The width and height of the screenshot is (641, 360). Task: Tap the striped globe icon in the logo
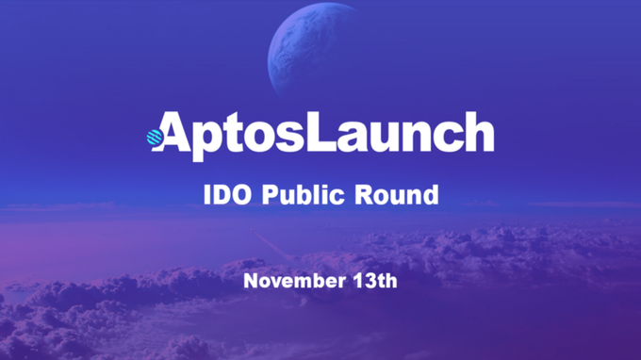tap(155, 139)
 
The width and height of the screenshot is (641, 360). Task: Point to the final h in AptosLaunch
tap(478, 133)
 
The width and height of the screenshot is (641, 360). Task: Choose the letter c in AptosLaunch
tap(447, 138)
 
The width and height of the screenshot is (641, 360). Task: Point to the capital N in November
tap(250, 280)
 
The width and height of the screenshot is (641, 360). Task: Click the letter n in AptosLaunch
tap(416, 138)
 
